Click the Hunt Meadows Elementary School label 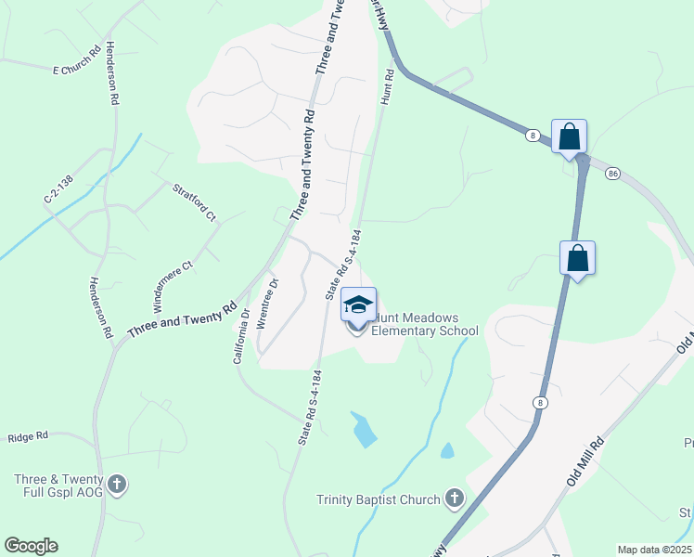pos(425,324)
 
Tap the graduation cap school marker pos(358,305)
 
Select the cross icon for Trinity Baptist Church pos(454,499)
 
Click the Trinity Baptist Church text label pos(378,500)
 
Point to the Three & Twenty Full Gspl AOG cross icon pos(117,484)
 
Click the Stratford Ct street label pos(194,202)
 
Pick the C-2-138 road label pos(58,186)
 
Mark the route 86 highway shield pos(612,174)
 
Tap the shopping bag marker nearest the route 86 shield pos(569,137)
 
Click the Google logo pos(31,546)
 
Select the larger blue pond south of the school pos(365,428)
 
